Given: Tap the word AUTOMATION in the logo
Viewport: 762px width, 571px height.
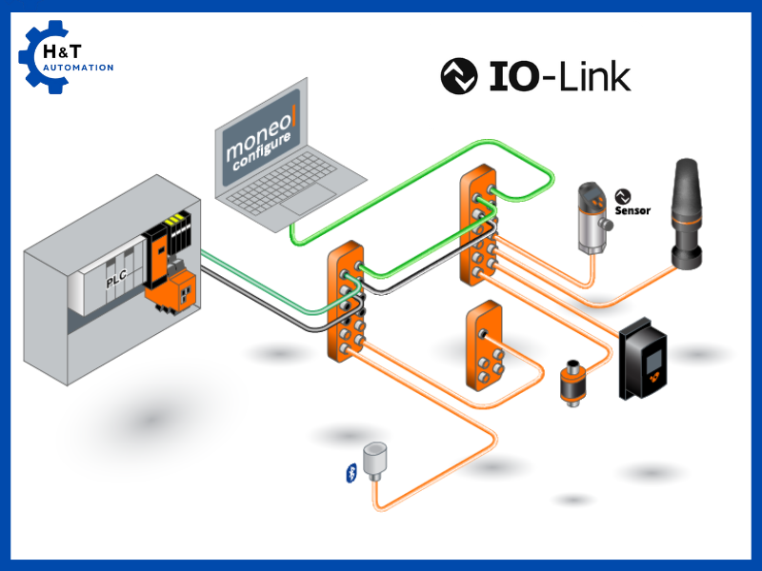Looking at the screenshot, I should tap(78, 68).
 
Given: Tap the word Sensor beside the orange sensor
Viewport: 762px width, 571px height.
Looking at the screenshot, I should tap(632, 210).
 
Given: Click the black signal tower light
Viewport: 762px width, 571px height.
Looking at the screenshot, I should tap(687, 214).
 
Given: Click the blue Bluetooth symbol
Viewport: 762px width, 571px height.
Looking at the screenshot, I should tap(348, 473).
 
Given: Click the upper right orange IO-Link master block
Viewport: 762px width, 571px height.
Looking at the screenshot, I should tap(478, 226).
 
